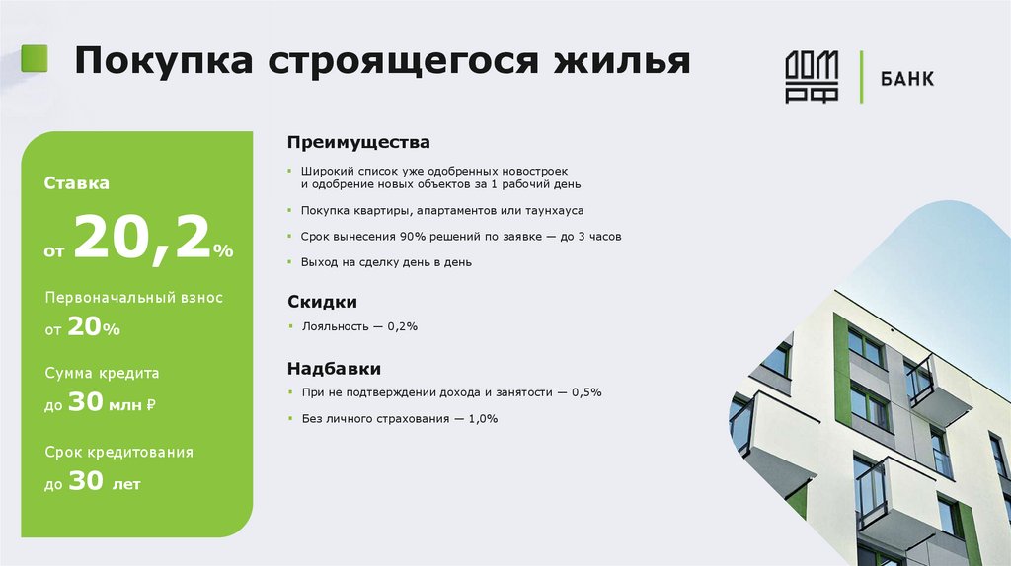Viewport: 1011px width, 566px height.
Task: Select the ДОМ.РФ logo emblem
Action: [x=812, y=77]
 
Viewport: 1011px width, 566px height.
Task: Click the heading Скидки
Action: [x=322, y=302]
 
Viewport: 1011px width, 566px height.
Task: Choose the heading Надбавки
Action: [x=334, y=369]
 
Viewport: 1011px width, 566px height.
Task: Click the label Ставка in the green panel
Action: [x=76, y=183]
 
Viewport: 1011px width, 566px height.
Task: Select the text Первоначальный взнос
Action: [x=133, y=298]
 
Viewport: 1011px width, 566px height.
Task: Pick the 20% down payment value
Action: [x=94, y=328]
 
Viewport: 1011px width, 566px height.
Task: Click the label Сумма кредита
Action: [x=102, y=374]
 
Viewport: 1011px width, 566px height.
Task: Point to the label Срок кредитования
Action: [x=118, y=452]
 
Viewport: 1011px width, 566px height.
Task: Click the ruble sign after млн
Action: [x=151, y=405]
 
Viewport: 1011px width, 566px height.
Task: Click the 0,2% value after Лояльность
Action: [x=402, y=326]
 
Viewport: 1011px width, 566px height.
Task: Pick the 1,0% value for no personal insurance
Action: [x=480, y=419]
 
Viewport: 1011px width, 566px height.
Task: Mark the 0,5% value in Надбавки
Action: [x=583, y=392]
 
